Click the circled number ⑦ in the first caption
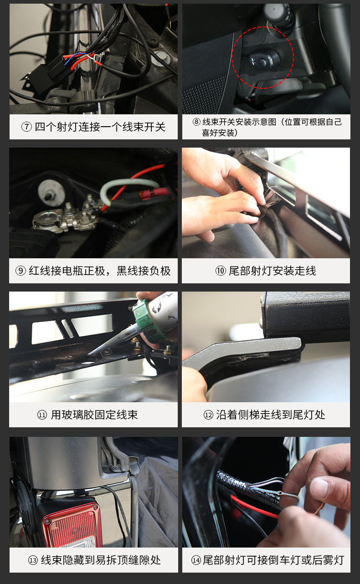pyautogui.click(x=26, y=127)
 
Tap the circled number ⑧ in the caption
pyautogui.click(x=196, y=122)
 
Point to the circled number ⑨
pyautogui.click(x=21, y=271)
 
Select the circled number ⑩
pyautogui.click(x=221, y=271)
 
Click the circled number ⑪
pyautogui.click(x=42, y=415)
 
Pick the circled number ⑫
pyautogui.click(x=208, y=415)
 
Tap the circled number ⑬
pyautogui.click(x=33, y=560)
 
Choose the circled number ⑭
pyautogui.click(x=196, y=560)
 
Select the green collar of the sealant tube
pyautogui.click(x=146, y=321)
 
